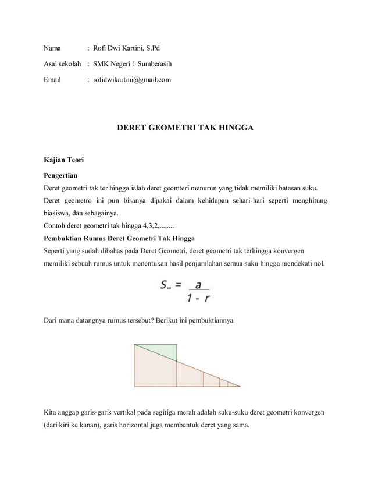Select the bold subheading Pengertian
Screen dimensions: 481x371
[x=61, y=175]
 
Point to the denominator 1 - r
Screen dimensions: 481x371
[x=198, y=299]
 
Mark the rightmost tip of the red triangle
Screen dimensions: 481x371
[x=240, y=386]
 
